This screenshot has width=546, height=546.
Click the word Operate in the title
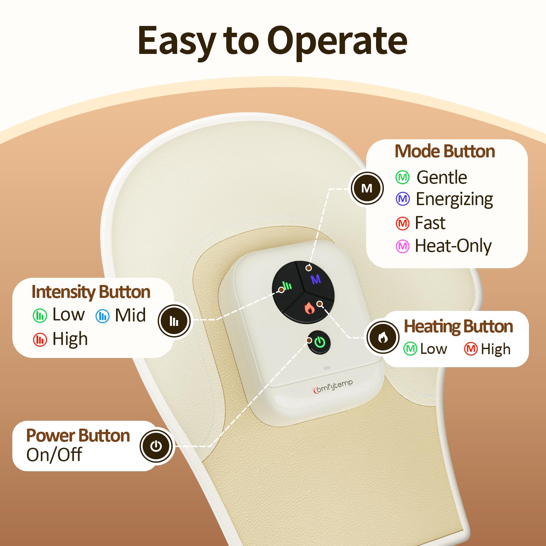pyautogui.click(x=337, y=42)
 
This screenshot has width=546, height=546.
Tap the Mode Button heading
pyautogui.click(x=445, y=151)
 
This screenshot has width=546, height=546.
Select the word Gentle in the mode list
pyautogui.click(x=442, y=177)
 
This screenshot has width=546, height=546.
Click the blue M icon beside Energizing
pyautogui.click(x=403, y=199)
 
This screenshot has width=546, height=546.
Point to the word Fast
pyautogui.click(x=430, y=223)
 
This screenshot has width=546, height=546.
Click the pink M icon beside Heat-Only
pyautogui.click(x=403, y=246)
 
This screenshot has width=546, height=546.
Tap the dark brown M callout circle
pyautogui.click(x=367, y=188)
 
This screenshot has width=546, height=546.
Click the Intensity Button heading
pyautogui.click(x=91, y=292)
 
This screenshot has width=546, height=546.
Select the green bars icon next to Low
pyautogui.click(x=40, y=316)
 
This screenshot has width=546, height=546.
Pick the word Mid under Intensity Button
pyautogui.click(x=130, y=315)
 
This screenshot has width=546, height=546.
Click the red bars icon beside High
pyautogui.click(x=40, y=340)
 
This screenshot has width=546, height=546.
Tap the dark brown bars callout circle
pyautogui.click(x=174, y=321)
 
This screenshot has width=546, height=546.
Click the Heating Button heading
pyautogui.click(x=458, y=326)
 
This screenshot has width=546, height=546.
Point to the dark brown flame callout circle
pyautogui.click(x=383, y=337)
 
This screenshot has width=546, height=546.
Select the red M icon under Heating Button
pyautogui.click(x=471, y=349)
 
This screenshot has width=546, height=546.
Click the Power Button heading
pyautogui.click(x=78, y=436)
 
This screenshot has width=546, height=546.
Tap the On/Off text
pyautogui.click(x=54, y=455)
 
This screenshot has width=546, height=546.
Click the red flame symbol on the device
pyautogui.click(x=310, y=308)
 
